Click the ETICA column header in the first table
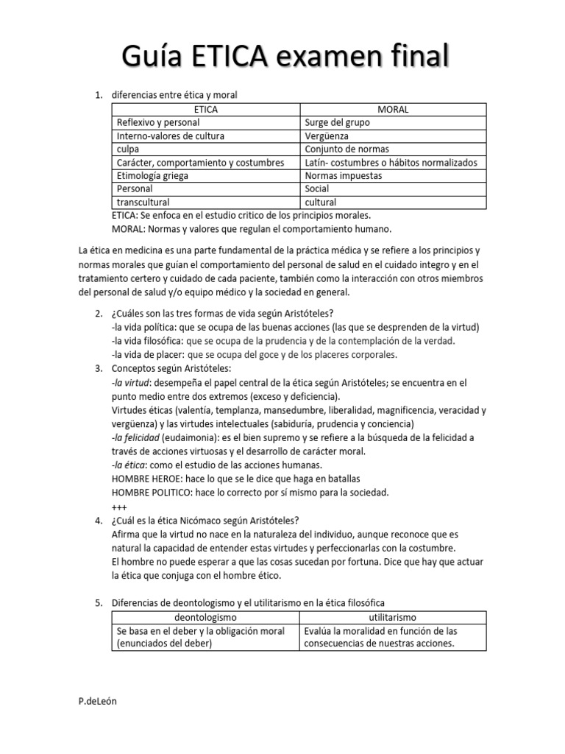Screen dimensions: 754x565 click(x=205, y=110)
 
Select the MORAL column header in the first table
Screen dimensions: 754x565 click(x=393, y=110)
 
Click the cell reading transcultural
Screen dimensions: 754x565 click(x=143, y=202)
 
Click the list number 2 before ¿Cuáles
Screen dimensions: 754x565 click(x=99, y=314)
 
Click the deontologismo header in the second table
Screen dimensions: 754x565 click(x=205, y=617)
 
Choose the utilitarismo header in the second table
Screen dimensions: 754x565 click(x=393, y=617)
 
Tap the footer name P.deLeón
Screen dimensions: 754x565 click(x=97, y=701)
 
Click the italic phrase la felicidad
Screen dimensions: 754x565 click(x=135, y=437)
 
